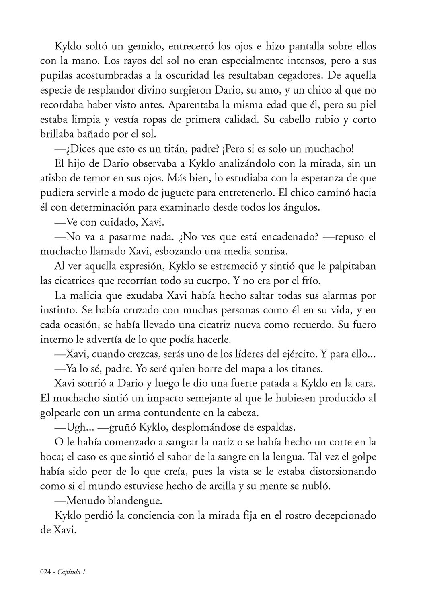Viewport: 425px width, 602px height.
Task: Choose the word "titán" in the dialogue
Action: (x=183, y=149)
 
